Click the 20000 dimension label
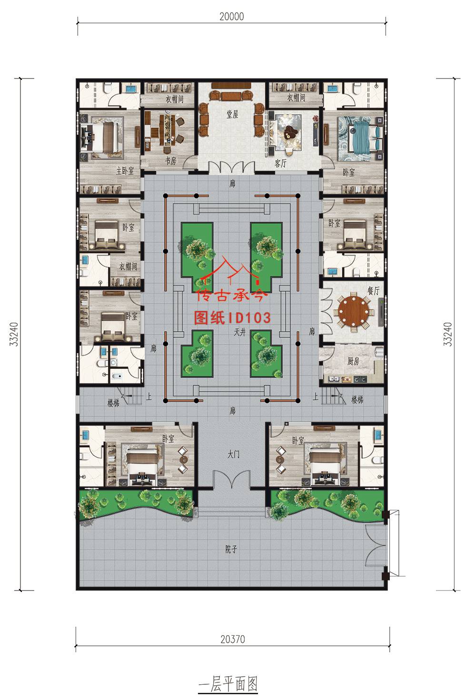click(232, 16)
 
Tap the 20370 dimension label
click(233, 639)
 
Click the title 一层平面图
click(228, 684)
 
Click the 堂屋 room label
click(233, 114)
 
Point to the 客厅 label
click(280, 163)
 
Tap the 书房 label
click(171, 161)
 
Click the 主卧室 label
click(125, 171)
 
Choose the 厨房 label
click(353, 361)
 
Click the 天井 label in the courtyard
click(240, 332)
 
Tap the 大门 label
click(233, 454)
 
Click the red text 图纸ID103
click(232, 318)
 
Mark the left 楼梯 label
click(113, 403)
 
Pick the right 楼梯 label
click(357, 399)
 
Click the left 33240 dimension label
click(14, 334)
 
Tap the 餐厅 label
click(374, 291)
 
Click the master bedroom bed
click(99, 138)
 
